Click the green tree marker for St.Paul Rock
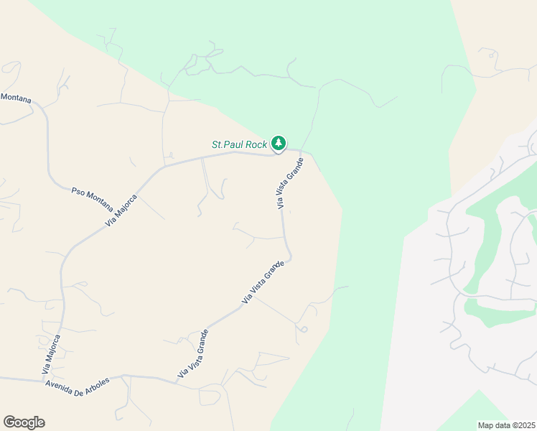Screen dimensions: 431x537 (279, 143)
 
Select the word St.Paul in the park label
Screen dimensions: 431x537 (228, 144)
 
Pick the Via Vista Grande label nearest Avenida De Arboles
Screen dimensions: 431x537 (193, 353)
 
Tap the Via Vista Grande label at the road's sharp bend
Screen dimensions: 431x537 (263, 282)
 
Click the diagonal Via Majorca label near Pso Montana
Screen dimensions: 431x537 (121, 208)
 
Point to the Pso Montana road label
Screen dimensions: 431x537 (92, 200)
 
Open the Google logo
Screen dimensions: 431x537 (24, 422)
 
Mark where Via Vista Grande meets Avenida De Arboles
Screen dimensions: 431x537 (176, 381)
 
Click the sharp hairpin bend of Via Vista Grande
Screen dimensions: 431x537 (289, 257)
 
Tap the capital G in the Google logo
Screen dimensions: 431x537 (9, 422)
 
